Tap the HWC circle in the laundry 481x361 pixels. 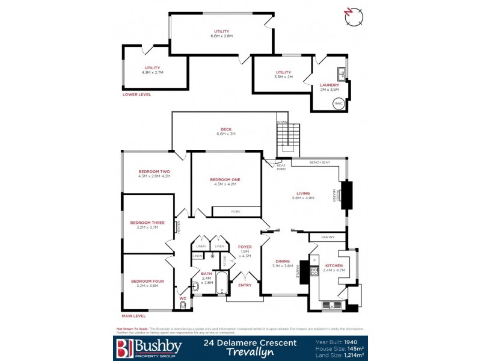point(339,103)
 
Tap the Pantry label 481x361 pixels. point(328,237)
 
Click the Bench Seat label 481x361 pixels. point(318,162)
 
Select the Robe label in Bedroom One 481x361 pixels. point(236,211)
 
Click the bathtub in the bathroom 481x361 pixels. point(221,285)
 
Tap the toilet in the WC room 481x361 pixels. point(183,306)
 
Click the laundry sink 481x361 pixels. point(341,74)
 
